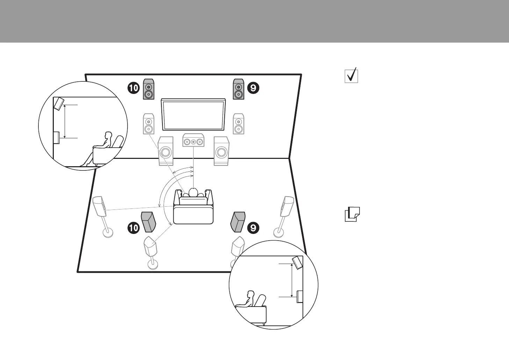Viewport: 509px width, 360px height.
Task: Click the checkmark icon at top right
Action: coord(351,75)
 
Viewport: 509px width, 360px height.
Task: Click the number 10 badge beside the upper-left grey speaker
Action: coord(133,88)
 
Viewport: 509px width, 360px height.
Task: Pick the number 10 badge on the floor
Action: coord(133,228)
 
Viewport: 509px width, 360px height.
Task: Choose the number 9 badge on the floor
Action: coord(253,228)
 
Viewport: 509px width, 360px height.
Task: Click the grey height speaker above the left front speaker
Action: coord(148,89)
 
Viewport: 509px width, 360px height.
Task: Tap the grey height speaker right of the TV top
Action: coord(239,89)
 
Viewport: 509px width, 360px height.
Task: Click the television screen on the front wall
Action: coord(193,114)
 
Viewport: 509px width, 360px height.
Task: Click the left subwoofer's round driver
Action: coord(166,152)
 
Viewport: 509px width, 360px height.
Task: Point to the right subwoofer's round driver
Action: coord(221,152)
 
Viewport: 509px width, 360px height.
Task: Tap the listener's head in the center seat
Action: coord(193,192)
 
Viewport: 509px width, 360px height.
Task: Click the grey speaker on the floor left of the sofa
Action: coord(148,222)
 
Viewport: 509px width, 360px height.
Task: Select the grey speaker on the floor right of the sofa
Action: coord(238,222)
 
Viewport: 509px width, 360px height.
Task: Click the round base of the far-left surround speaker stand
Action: coord(108,232)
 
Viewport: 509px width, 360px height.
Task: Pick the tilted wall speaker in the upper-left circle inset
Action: coord(59,104)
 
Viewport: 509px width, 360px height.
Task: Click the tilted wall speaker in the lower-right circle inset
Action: coord(298,263)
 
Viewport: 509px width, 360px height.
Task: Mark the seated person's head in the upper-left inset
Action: coord(108,135)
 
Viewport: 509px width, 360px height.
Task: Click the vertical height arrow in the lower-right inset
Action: coord(291,280)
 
